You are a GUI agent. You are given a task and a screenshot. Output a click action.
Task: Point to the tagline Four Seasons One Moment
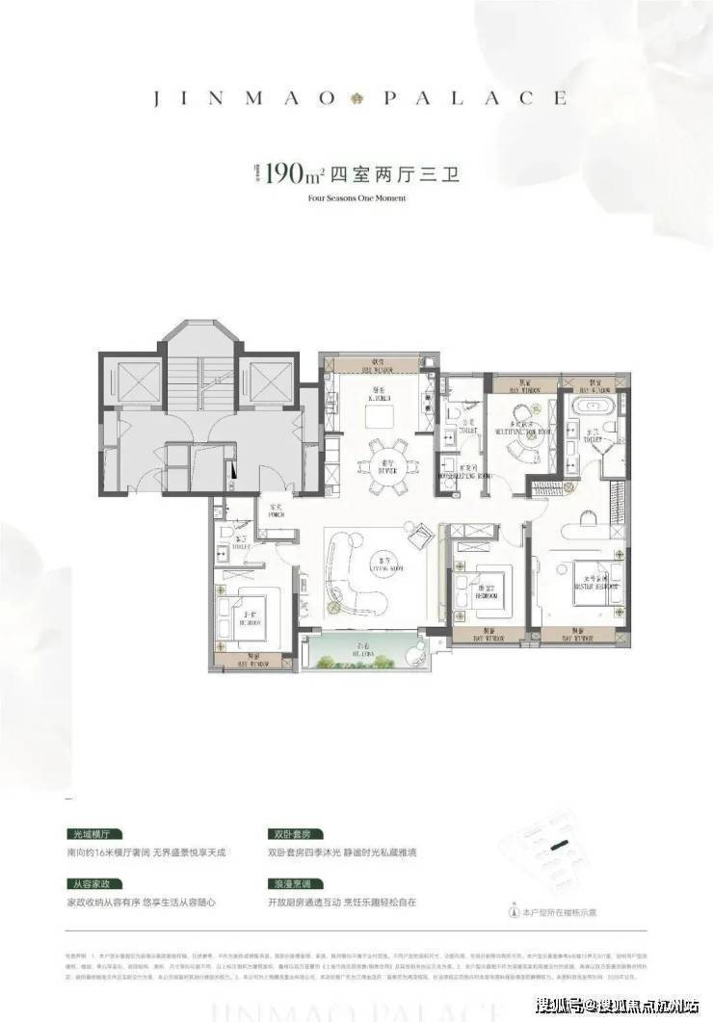click(x=356, y=198)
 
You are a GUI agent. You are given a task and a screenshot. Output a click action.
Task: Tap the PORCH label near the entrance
click(x=276, y=511)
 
